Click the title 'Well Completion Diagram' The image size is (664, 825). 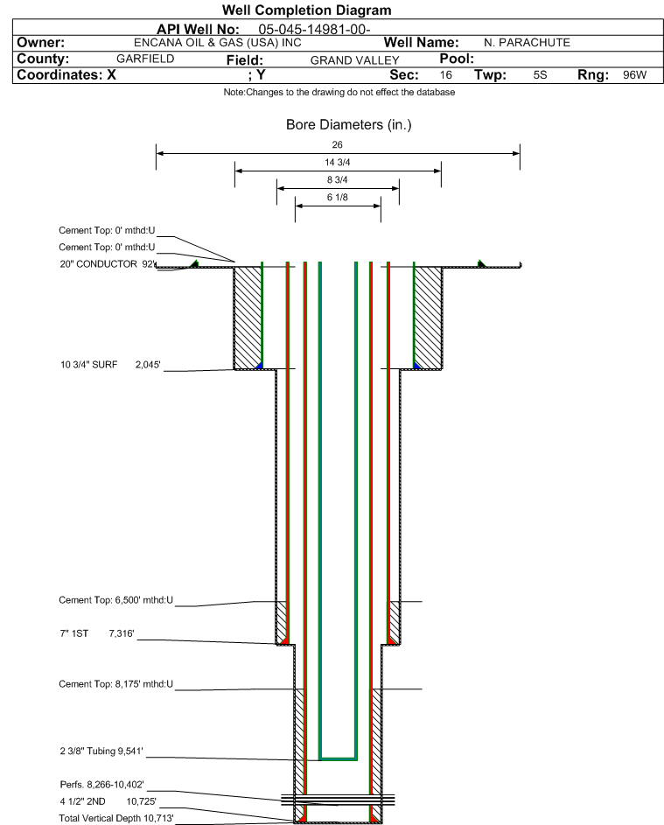pos(306,10)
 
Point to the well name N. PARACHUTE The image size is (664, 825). pos(527,43)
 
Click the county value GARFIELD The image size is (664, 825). pos(145,59)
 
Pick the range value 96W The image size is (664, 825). pos(634,75)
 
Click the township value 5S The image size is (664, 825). pos(540,75)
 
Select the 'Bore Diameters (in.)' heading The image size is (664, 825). pos(348,125)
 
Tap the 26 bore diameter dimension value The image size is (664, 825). pos(338,144)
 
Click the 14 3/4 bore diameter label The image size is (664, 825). pos(338,162)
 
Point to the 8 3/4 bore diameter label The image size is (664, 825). pos(338,179)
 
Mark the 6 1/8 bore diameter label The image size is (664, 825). pos(338,197)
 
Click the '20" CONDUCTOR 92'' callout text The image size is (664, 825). pos(107,263)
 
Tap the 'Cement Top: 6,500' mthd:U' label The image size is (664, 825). pos(116,600)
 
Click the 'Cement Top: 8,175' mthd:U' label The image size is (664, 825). pos(116,683)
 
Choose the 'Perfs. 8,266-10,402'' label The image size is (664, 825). pos(108,785)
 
